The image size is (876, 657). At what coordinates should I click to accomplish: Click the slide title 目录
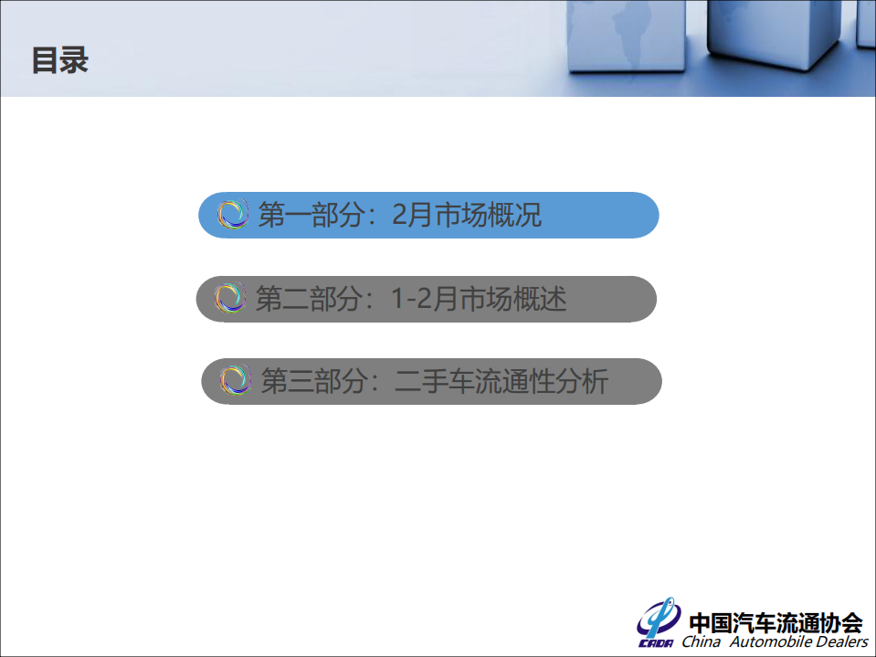point(60,61)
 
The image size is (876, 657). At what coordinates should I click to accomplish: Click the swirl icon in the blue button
point(233,215)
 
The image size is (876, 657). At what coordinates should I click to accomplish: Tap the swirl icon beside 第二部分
point(230,298)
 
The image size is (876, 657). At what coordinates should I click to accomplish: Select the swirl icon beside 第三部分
point(235,380)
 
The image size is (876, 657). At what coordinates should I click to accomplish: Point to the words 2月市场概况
point(466,216)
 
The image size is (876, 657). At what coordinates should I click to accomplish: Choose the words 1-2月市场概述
point(479,299)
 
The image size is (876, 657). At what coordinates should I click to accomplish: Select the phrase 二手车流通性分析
point(501,381)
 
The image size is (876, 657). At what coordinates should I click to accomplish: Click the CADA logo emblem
point(658,623)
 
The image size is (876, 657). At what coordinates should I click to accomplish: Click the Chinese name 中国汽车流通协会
point(776,622)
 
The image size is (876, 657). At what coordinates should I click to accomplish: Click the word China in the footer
point(701,642)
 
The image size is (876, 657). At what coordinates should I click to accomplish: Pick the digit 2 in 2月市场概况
point(398,216)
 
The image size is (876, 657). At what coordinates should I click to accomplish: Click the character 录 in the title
point(75,61)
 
